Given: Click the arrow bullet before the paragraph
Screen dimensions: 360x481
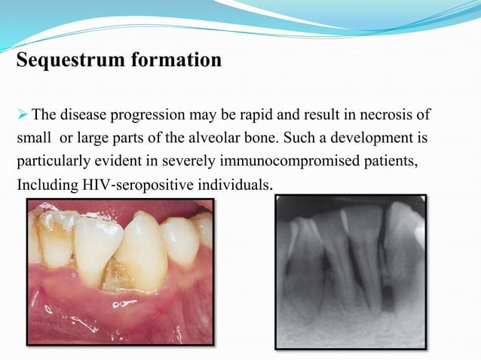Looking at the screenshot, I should tap(22, 114).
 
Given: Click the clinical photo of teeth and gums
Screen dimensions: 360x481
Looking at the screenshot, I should tap(120, 272).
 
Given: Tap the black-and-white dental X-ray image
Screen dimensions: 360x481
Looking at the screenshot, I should tap(351, 272).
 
